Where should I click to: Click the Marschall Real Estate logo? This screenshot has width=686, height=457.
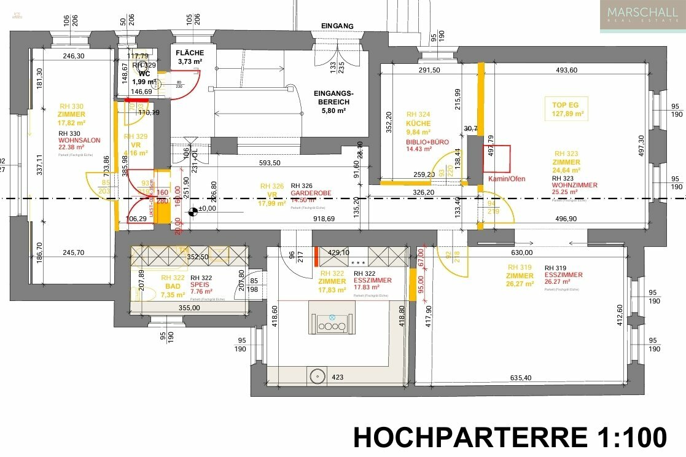click(642, 16)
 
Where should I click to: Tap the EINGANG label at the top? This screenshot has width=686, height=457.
click(337, 26)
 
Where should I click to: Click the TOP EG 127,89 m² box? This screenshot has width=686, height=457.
click(565, 109)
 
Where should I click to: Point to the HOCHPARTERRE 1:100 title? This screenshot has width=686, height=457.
click(510, 437)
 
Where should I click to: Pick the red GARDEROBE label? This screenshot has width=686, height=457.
click(311, 192)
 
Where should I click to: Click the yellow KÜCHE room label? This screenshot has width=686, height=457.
click(418, 123)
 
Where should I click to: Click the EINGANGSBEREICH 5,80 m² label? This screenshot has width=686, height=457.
click(332, 102)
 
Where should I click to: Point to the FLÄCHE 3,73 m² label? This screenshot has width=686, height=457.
click(190, 57)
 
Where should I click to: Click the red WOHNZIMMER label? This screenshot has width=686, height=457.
click(574, 185)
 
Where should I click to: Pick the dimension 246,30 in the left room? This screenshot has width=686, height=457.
click(73, 56)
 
